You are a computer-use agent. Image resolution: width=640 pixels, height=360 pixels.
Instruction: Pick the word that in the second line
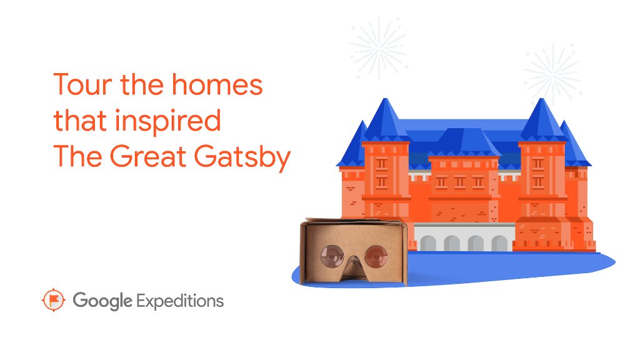tap(78, 120)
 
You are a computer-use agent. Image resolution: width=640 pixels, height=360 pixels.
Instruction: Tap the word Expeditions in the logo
tap(180, 301)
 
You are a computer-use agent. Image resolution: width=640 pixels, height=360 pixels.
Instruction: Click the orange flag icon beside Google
tap(53, 301)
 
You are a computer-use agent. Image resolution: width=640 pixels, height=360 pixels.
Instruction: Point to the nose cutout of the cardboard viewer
tap(354, 271)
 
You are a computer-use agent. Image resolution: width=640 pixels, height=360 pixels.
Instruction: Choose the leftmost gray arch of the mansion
tap(427, 243)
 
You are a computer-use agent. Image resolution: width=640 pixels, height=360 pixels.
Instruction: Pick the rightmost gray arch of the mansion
tap(499, 243)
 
